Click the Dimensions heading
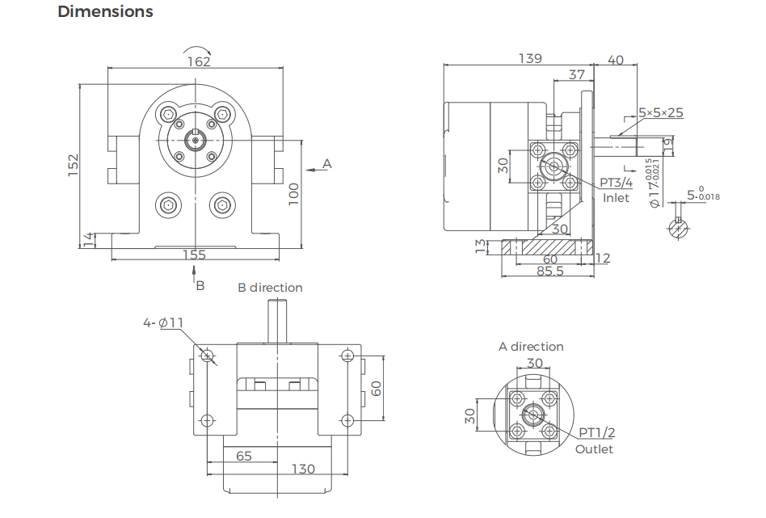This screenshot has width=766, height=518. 105,12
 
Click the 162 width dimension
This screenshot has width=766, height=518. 198,61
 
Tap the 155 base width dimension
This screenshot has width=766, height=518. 194,255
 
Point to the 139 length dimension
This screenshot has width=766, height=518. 530,58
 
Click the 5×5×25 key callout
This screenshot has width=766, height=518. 660,112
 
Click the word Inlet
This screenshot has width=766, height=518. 617,198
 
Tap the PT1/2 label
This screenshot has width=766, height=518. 596,433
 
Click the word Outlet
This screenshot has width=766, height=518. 594,449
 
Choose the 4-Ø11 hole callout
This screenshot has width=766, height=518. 163,322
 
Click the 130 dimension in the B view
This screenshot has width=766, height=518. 303,469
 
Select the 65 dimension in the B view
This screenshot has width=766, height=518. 243,456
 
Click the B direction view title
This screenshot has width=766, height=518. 270,288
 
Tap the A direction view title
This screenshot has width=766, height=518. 531,347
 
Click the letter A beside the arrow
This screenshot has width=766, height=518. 327,163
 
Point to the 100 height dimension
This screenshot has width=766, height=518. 293,192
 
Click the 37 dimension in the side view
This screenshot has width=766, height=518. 576,74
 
